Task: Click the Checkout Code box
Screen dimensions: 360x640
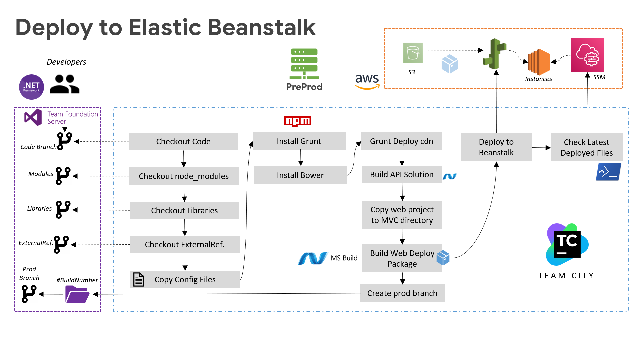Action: (183, 142)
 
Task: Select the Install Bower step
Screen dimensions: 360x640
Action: (300, 175)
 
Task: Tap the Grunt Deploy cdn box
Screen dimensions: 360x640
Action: (401, 141)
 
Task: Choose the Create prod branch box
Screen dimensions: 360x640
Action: (402, 293)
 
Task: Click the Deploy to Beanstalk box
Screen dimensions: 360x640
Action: (496, 147)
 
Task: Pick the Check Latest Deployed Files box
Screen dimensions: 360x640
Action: (586, 147)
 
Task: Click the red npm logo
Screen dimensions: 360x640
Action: (297, 121)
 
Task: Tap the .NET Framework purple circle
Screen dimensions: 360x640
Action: (32, 87)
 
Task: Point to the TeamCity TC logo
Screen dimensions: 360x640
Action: (567, 245)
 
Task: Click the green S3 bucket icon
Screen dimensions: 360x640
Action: (413, 53)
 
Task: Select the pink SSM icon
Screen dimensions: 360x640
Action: (587, 55)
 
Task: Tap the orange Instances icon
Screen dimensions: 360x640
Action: (539, 62)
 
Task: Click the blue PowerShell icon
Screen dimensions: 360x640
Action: (608, 172)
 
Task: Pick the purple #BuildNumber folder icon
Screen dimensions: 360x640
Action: (77, 294)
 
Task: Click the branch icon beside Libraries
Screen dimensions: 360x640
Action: (63, 209)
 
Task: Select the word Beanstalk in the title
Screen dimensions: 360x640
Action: (262, 27)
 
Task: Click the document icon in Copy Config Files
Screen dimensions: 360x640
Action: (139, 279)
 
